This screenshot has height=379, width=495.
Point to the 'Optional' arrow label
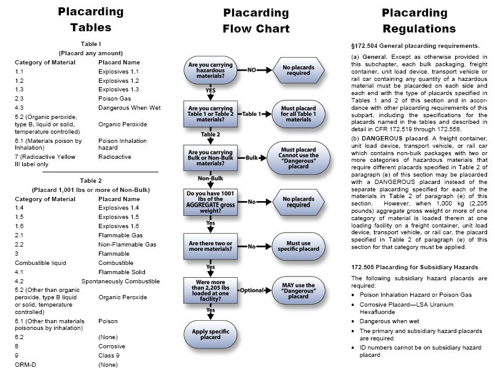click(252, 289)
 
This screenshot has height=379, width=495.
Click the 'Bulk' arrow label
click(251, 158)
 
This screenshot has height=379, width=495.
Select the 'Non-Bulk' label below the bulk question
click(210, 178)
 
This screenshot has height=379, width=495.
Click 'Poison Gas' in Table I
click(113, 98)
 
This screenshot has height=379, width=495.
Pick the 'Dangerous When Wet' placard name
click(129, 107)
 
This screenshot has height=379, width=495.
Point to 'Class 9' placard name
click(109, 355)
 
